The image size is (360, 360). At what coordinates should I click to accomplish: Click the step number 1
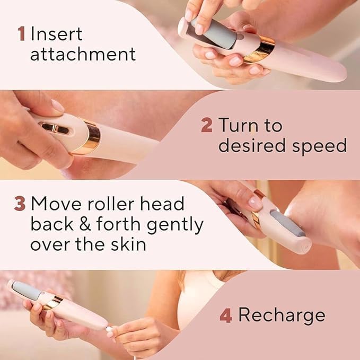click(21, 34)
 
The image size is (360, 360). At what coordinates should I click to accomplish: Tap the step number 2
click(207, 126)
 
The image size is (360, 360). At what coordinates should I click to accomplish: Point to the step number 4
click(226, 315)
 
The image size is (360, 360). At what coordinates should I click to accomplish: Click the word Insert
click(56, 34)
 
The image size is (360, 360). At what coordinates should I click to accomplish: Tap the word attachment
click(83, 54)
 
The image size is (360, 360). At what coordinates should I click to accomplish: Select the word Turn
click(243, 126)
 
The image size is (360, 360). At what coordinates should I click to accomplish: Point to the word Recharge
click(282, 315)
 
